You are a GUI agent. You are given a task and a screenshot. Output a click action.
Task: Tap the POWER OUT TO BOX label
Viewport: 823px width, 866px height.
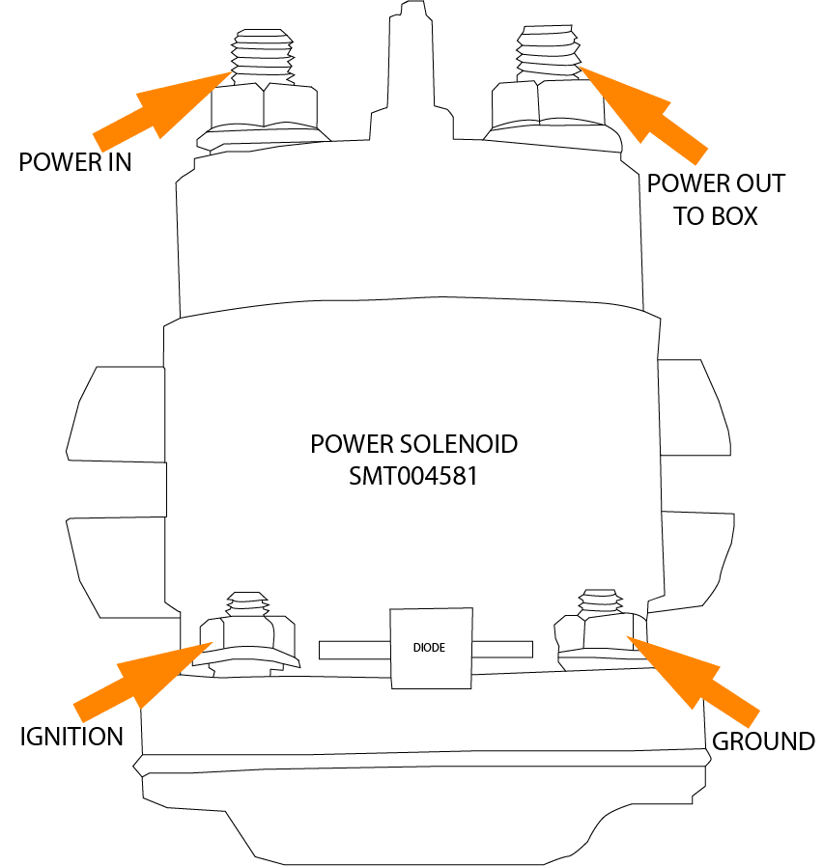(716, 199)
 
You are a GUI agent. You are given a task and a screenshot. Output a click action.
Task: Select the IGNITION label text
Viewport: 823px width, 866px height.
(72, 737)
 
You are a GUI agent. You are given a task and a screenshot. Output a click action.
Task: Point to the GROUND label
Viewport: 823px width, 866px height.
(763, 741)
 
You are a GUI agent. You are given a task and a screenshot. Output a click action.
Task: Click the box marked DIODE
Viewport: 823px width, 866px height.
(430, 648)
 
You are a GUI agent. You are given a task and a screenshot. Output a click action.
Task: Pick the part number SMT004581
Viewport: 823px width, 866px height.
(413, 477)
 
